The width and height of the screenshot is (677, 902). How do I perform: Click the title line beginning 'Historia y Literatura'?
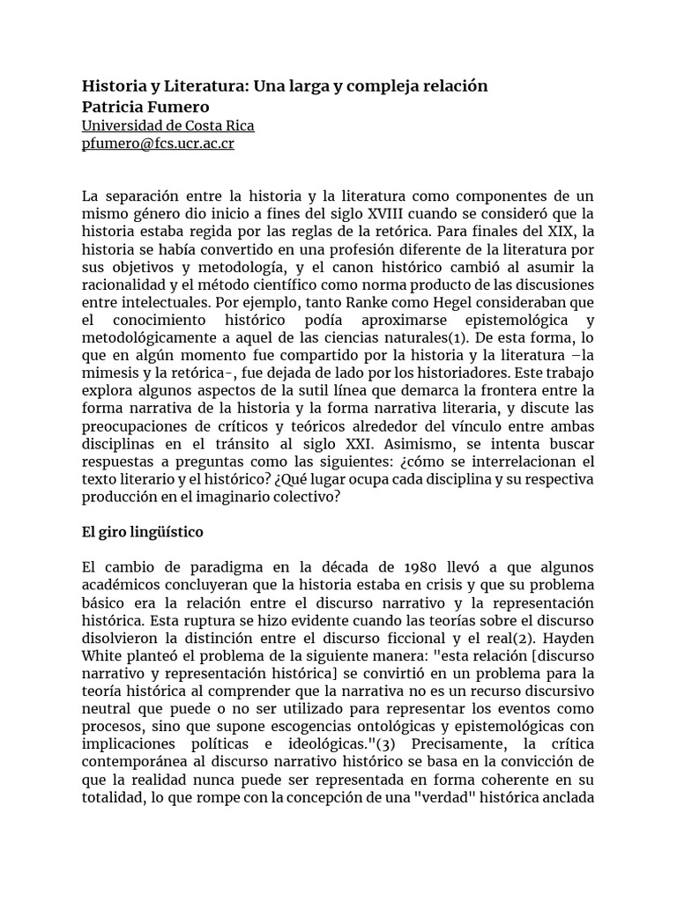[285, 86]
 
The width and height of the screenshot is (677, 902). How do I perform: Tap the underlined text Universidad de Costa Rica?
[167, 125]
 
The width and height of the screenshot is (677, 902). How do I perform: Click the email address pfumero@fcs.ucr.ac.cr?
[158, 144]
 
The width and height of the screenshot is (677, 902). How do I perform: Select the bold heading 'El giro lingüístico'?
[142, 533]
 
